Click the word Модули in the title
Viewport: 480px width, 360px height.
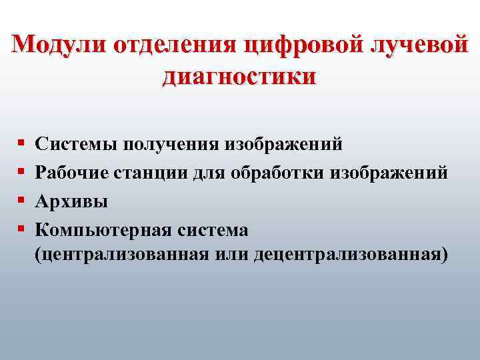[x=59, y=45]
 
